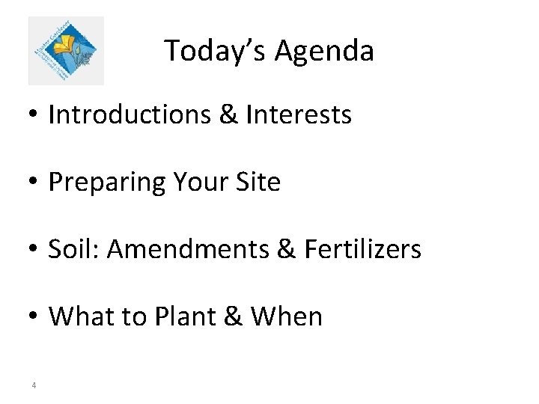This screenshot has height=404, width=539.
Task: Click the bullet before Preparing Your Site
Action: [x=34, y=182]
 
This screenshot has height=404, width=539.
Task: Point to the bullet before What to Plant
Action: [x=34, y=316]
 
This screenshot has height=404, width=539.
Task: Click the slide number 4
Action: [x=34, y=386]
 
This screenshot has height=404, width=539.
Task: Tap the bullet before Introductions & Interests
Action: [x=34, y=114]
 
